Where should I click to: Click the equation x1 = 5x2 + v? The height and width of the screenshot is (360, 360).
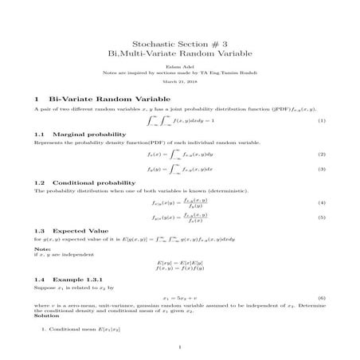click(179, 297)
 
